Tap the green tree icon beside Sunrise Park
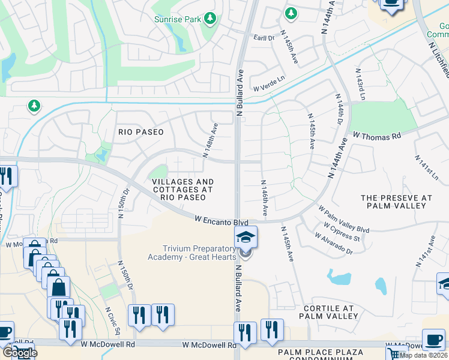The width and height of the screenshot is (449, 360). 210,19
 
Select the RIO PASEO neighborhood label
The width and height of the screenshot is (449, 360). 140,132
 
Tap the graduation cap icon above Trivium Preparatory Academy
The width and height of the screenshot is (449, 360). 246,237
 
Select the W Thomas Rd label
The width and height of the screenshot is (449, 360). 376,136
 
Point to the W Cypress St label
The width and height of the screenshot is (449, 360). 342,233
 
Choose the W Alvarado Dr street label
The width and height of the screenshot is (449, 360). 334,244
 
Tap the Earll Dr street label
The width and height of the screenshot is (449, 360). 263,37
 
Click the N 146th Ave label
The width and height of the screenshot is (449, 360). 264,197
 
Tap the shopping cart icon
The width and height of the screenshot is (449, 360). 395,353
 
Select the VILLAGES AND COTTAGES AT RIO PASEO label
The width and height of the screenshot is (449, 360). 182,189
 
